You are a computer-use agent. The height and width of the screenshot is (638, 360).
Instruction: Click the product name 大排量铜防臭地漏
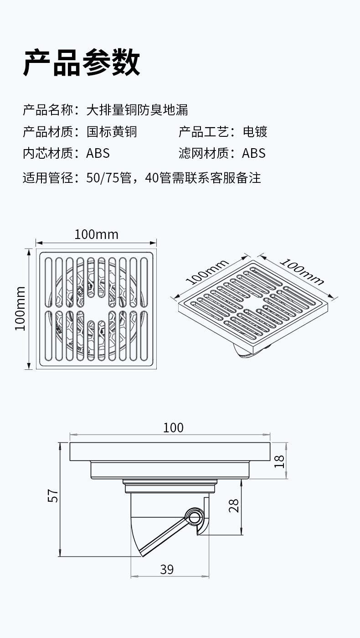[137, 110]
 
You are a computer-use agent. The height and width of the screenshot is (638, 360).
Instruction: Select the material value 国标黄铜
[112, 132]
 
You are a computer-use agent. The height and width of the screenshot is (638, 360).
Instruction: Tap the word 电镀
[255, 132]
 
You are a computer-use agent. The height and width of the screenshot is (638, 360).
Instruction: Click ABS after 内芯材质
[98, 153]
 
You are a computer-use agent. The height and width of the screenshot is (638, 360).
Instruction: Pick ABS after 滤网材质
[253, 153]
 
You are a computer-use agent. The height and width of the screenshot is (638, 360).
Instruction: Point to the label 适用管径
[48, 177]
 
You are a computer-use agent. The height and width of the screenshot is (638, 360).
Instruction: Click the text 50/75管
[108, 177]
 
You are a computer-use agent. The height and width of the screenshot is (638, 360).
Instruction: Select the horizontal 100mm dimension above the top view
[96, 234]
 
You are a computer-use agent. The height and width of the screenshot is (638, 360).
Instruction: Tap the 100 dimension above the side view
[173, 428]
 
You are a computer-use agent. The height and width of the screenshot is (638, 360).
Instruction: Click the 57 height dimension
[53, 496]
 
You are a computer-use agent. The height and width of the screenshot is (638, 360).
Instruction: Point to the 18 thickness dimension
[279, 461]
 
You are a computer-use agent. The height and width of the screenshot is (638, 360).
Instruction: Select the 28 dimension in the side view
[234, 505]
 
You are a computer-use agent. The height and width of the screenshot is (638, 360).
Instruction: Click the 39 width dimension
[167, 570]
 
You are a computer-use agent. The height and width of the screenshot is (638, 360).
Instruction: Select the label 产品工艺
[203, 132]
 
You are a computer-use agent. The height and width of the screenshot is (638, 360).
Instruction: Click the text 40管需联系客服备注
[203, 177]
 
